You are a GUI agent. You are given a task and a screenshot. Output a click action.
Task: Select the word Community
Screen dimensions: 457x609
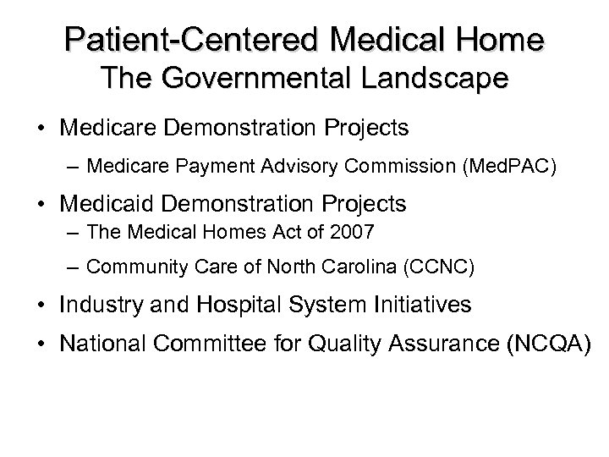click(x=125, y=268)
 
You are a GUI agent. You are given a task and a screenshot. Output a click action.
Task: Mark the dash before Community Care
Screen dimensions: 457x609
click(x=74, y=268)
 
